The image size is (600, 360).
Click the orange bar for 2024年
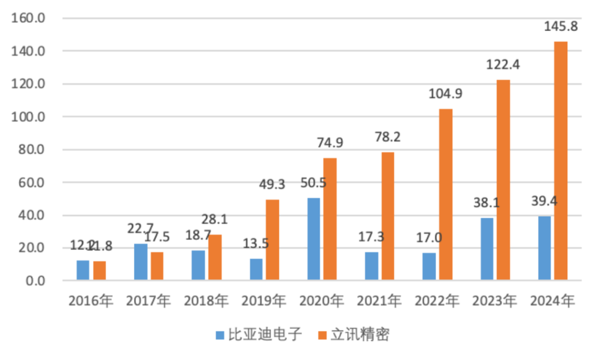tap(561, 161)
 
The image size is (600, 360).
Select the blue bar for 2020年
tap(314, 239)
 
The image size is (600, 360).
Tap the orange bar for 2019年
tap(272, 239)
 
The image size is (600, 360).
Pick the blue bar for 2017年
tap(141, 262)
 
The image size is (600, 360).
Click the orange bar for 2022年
tap(446, 194)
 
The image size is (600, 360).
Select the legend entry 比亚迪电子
tap(259, 334)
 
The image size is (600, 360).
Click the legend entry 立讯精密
tap(353, 334)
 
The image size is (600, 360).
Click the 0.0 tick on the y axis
tap(33, 281)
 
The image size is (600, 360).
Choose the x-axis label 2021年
tap(379, 301)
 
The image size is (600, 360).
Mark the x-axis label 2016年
tap(91, 301)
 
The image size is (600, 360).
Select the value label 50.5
tap(314, 183)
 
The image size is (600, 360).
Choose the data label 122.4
tap(503, 64)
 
